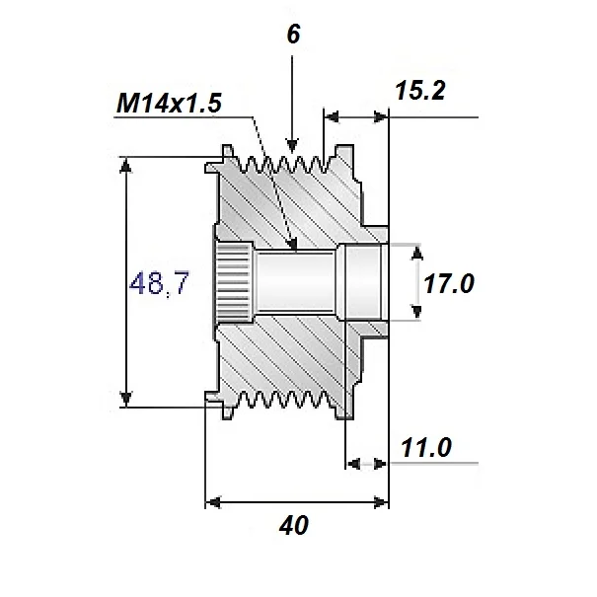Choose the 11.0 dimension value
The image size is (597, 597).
[426, 449]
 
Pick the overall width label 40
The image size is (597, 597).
[293, 526]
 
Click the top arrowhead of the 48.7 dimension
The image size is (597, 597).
[126, 166]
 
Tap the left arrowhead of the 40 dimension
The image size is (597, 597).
[211, 502]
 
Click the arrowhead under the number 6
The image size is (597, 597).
[291, 143]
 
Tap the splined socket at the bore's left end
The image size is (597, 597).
[234, 284]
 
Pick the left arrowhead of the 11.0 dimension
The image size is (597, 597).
[353, 462]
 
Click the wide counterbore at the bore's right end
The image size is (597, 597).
[360, 283]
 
